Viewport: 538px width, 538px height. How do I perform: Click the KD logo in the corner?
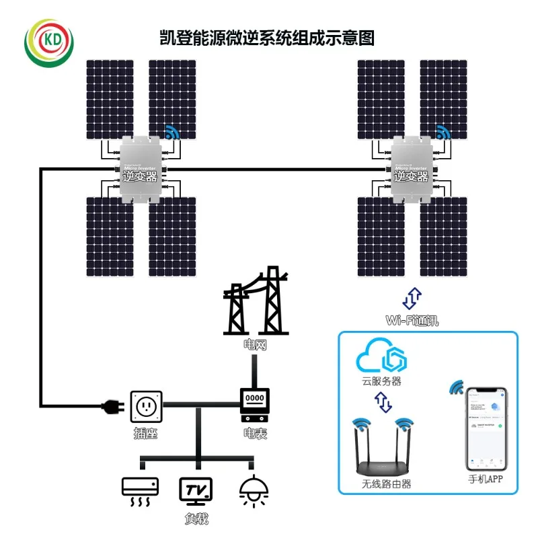[48, 41]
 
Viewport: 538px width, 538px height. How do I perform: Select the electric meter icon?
[255, 402]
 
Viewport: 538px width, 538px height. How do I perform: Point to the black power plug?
[110, 406]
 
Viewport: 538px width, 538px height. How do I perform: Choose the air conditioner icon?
[140, 492]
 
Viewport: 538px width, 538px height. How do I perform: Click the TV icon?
[196, 492]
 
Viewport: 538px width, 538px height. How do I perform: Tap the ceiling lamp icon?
[254, 492]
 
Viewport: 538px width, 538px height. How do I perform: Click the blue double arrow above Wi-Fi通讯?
[413, 297]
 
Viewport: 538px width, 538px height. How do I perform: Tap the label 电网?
[255, 344]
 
